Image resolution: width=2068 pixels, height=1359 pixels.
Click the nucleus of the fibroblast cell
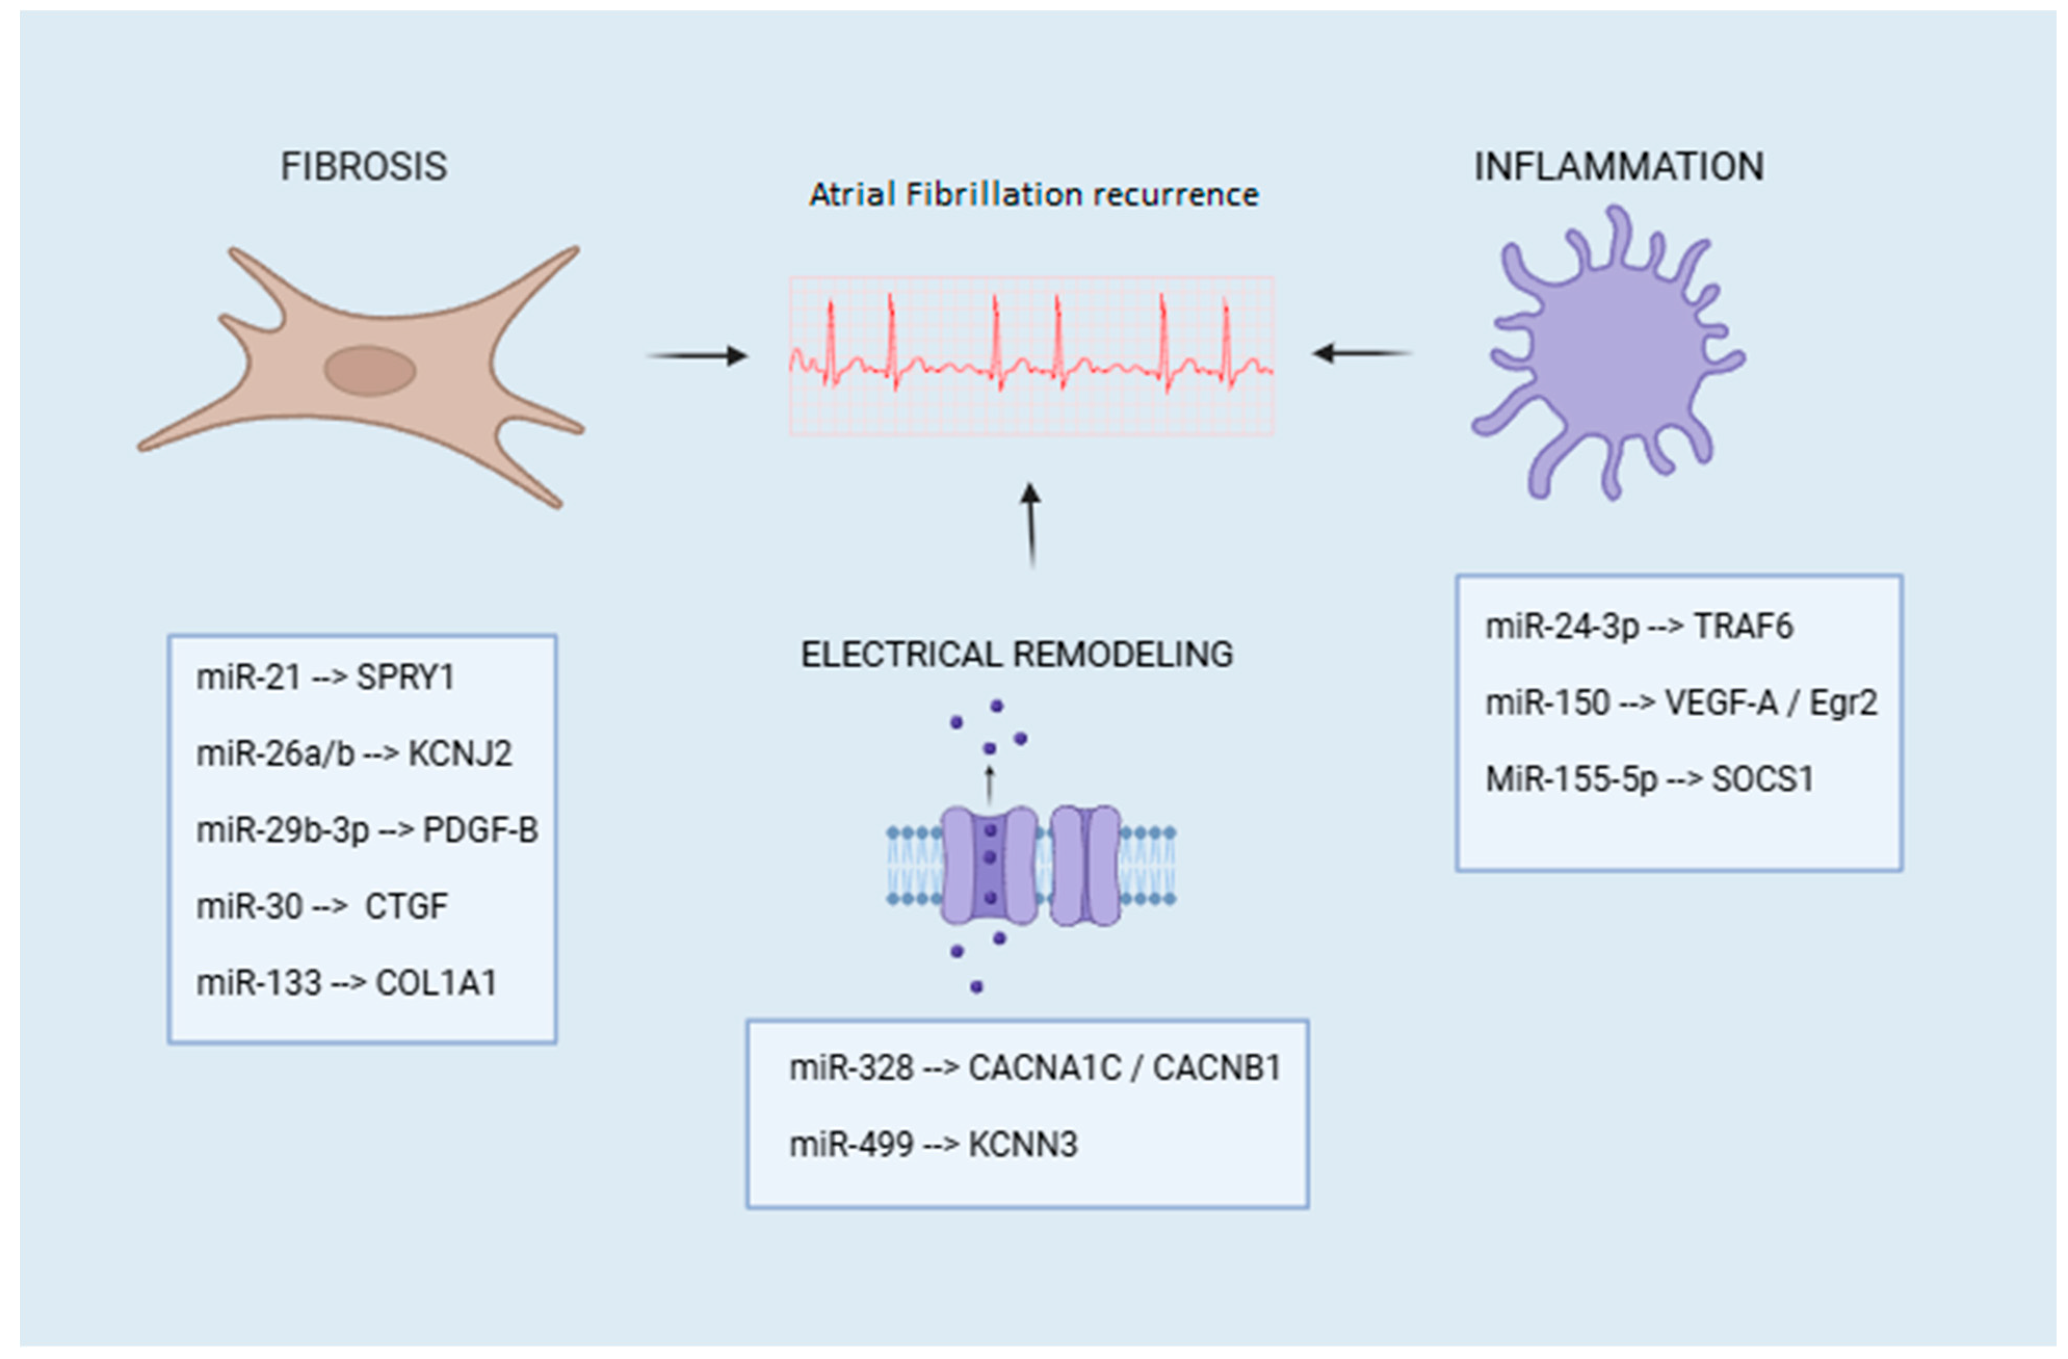pos(370,371)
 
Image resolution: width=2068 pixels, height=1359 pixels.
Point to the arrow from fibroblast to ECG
pos(697,355)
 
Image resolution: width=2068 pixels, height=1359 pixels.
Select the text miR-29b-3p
pos(282,830)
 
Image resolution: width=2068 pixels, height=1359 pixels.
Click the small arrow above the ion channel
pos(989,784)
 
